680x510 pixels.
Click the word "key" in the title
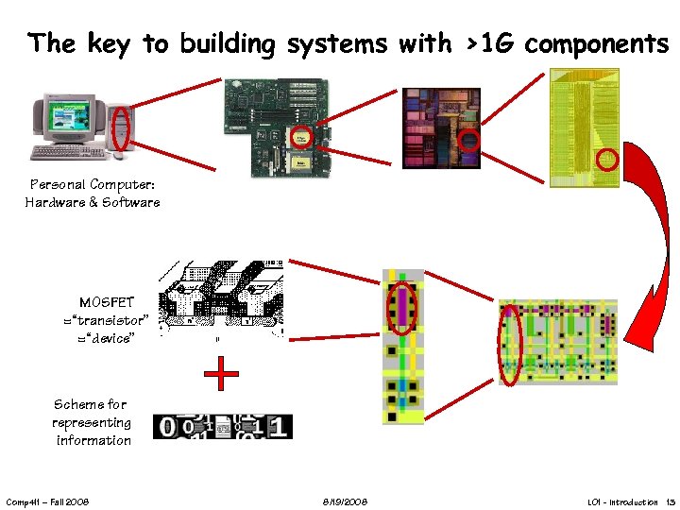tap(110, 43)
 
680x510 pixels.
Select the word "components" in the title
tap(596, 43)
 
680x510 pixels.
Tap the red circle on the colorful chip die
tap(468, 142)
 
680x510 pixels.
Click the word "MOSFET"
tap(107, 303)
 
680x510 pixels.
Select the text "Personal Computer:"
tap(93, 184)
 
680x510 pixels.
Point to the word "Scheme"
tap(76, 404)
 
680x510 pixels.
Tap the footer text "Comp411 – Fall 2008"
tap(47, 501)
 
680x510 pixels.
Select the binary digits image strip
tap(223, 427)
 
